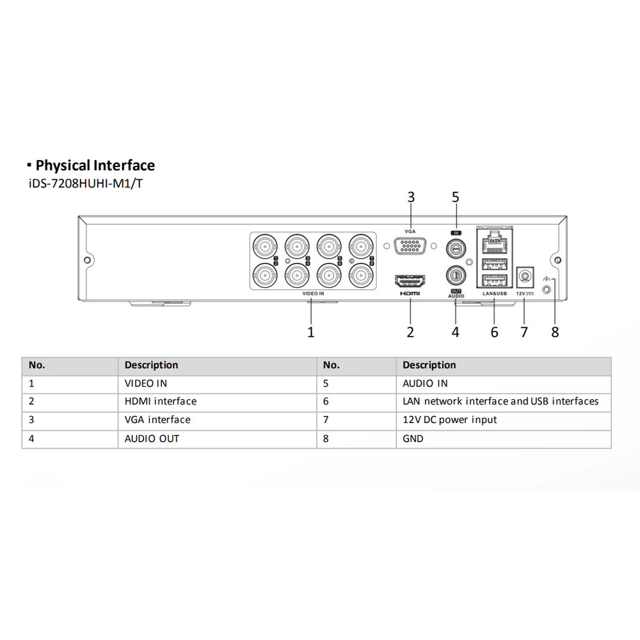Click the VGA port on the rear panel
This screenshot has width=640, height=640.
[x=410, y=246]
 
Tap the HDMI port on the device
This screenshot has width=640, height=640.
[x=410, y=281]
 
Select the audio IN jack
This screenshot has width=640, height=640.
[x=456, y=247]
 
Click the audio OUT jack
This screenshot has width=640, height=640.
[x=456, y=276]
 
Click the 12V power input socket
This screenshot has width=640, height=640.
[x=525, y=278]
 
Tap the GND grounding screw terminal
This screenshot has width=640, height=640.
[x=546, y=289]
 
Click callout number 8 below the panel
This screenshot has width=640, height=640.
[x=555, y=332]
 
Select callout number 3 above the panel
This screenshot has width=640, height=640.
[x=411, y=197]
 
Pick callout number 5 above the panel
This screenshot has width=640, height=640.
[x=456, y=197]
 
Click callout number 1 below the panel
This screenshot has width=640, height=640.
[x=310, y=332]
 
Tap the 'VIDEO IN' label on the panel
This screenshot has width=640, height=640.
[x=313, y=294]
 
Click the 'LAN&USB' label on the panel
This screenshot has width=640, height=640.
[x=495, y=294]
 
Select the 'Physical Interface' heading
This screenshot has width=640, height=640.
[x=95, y=165]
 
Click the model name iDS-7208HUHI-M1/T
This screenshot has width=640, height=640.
[x=86, y=184]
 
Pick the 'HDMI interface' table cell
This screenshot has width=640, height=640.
[x=161, y=401]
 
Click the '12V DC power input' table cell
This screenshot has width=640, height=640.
[x=450, y=420]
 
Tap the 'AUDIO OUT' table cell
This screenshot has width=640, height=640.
[x=152, y=439]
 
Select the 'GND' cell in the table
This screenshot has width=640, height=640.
[x=413, y=439]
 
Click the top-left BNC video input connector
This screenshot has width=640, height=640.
[x=265, y=246]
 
